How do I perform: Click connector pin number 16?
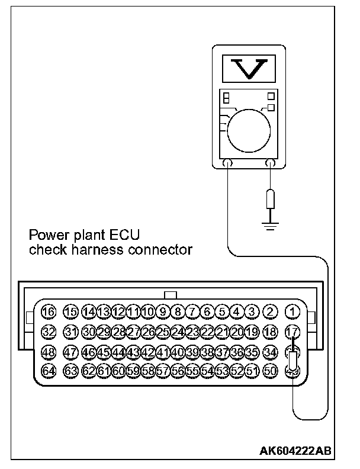coord(49,311)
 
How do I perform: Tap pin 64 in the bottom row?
coord(49,371)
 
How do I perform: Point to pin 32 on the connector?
coord(49,332)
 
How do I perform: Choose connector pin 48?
coord(49,352)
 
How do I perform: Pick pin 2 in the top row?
coord(271,311)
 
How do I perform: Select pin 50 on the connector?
coord(271,371)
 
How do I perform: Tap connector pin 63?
coord(71,371)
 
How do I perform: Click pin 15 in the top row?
coord(71,311)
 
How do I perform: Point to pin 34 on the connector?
coord(271,352)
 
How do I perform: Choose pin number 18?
coord(271,332)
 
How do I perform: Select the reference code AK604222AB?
coord(295,451)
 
